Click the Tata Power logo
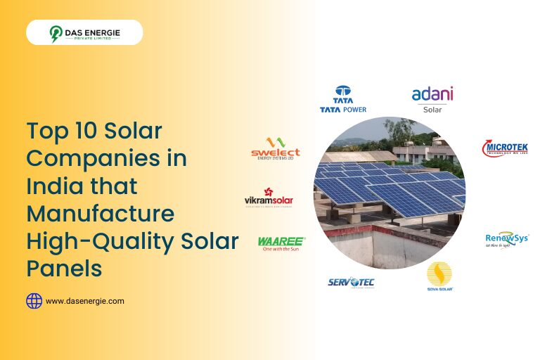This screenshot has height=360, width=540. click(342, 99)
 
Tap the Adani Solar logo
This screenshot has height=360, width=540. click(432, 99)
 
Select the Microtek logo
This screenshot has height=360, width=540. click(505, 148)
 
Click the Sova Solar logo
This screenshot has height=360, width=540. click(439, 277)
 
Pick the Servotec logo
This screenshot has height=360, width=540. click(351, 282)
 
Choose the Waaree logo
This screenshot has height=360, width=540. click(281, 241)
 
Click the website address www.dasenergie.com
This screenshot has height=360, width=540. click(84, 301)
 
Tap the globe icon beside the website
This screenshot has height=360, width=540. click(34, 301)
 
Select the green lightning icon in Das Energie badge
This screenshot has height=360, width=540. click(56, 32)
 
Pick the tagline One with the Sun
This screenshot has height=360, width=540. click(281, 248)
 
